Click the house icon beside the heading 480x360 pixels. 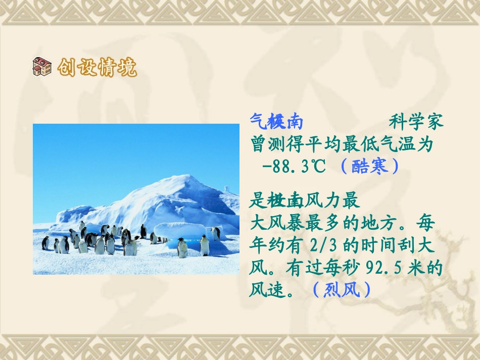[x=42, y=67]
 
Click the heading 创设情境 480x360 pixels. [x=97, y=67]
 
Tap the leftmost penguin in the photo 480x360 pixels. [x=45, y=243]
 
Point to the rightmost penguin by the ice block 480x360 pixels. [x=216, y=233]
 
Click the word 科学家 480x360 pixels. [x=416, y=122]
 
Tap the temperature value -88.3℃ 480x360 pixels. [x=293, y=166]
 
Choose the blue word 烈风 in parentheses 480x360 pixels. [x=342, y=290]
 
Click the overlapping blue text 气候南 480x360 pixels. [x=276, y=122]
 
